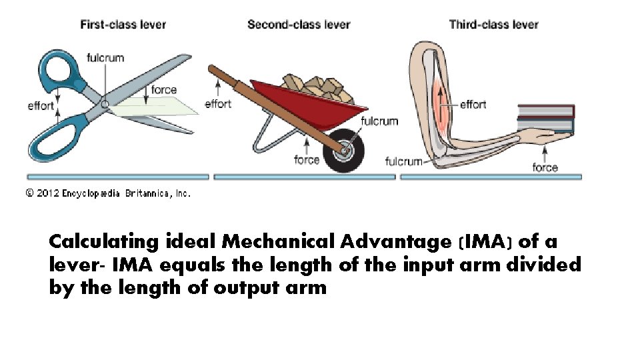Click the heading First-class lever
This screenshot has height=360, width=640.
pyautogui.click(x=123, y=25)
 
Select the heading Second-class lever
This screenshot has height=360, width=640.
pyautogui.click(x=299, y=25)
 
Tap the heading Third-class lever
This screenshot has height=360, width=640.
pyautogui.click(x=493, y=25)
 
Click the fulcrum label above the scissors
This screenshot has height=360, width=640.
pyautogui.click(x=105, y=57)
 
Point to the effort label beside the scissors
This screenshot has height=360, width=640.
pyautogui.click(x=41, y=106)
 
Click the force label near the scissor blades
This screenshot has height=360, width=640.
pyautogui.click(x=164, y=90)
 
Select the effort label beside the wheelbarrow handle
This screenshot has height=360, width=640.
pyautogui.click(x=218, y=103)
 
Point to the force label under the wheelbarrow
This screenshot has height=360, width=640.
pyautogui.click(x=307, y=159)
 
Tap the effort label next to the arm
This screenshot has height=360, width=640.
pyautogui.click(x=473, y=104)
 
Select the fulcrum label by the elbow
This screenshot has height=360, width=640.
pyautogui.click(x=404, y=161)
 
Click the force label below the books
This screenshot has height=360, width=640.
pyautogui.click(x=545, y=167)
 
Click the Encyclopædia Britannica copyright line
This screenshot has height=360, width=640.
pyautogui.click(x=108, y=193)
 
